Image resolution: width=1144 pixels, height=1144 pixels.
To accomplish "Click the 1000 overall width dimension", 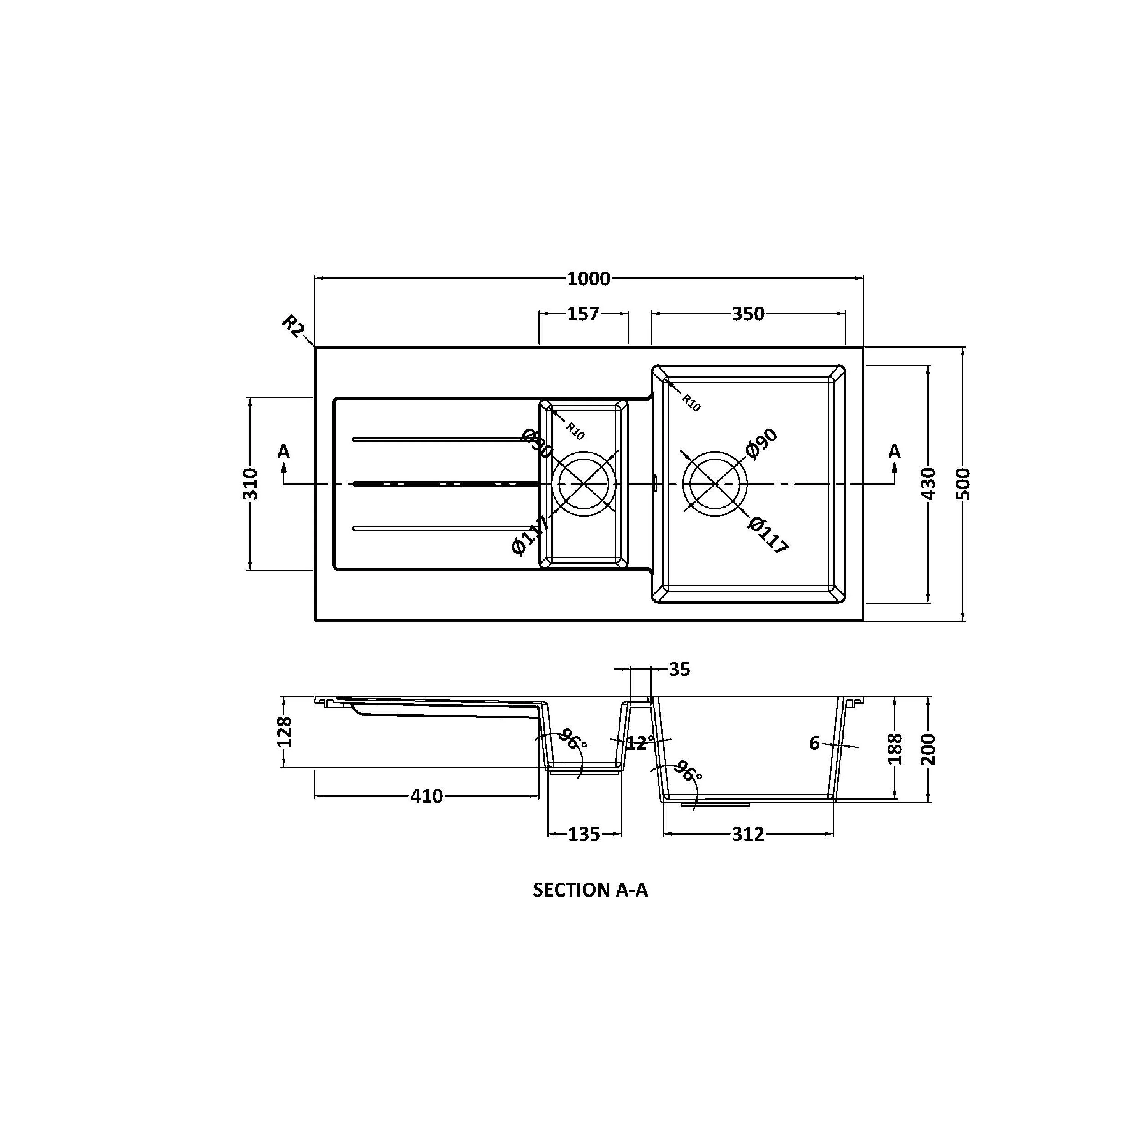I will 588,279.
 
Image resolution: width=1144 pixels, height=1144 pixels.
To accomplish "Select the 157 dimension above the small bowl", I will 583,314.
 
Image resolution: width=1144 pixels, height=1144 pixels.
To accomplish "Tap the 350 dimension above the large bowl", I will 748,314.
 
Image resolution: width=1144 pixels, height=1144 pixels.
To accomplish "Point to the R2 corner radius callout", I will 292,326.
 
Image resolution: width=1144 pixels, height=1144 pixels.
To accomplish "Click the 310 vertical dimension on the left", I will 251,484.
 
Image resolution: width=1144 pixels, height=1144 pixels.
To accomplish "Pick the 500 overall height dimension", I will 963,484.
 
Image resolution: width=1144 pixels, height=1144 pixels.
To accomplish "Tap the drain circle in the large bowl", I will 715,484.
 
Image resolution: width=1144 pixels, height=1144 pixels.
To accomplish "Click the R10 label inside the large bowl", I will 691,403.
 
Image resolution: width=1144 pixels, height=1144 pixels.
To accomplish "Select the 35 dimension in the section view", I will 680,670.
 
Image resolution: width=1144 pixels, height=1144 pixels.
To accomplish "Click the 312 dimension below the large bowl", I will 748,835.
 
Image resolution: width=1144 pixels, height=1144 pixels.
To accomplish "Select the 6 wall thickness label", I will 815,743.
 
